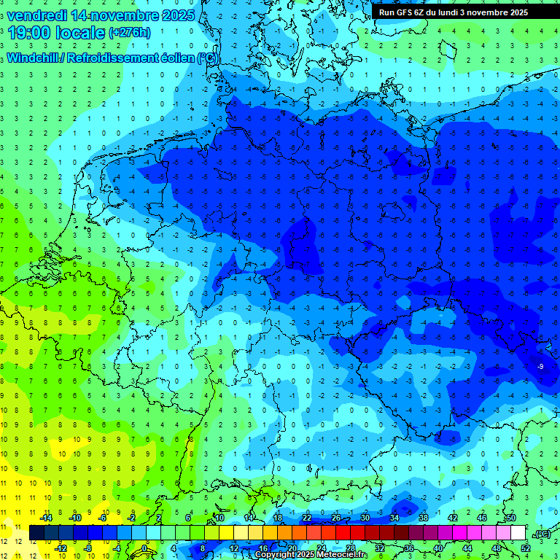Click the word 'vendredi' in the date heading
37,15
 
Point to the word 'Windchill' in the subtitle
34,58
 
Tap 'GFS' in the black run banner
405,12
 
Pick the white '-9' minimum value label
540,365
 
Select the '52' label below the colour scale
526,548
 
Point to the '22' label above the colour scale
307,517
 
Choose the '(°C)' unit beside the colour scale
542,534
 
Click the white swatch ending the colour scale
518,533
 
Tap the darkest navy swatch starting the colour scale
36,533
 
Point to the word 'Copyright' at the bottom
276,555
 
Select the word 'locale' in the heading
81,34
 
